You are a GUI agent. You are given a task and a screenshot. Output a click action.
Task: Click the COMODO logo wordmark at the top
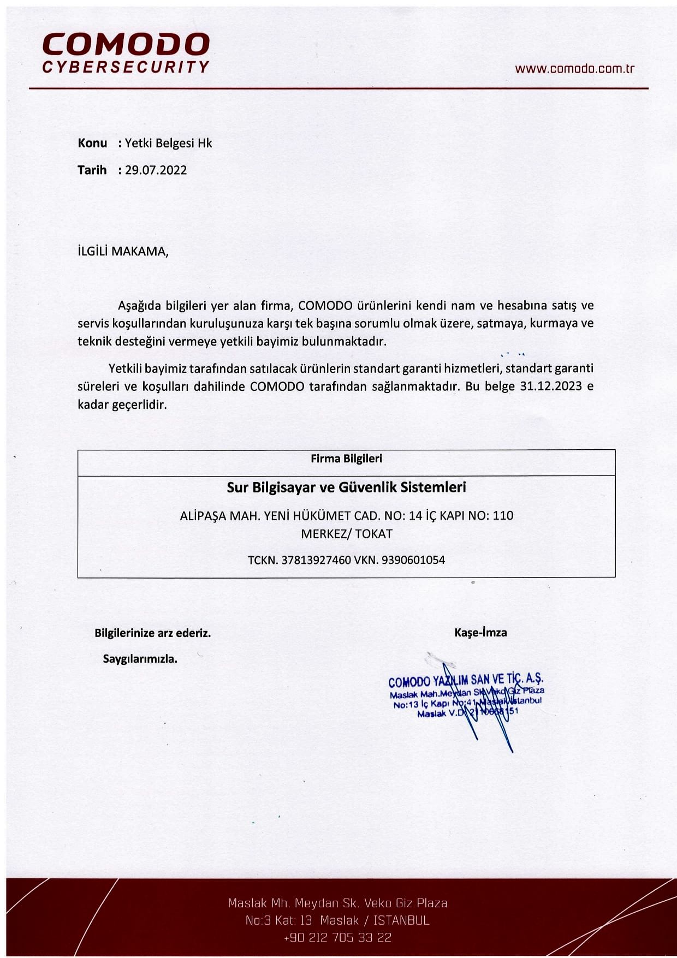coord(126,44)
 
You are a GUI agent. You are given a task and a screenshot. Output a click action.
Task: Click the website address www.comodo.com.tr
coord(574,69)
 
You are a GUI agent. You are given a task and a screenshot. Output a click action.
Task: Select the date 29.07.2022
coord(156,170)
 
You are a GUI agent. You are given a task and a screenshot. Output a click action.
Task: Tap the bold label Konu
coord(92,143)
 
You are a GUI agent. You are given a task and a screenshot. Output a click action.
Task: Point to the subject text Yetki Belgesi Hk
coord(168,143)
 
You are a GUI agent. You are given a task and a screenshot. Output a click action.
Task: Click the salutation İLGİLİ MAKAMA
coord(123,252)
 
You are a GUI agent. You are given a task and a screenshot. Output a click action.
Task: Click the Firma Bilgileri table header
coord(346,459)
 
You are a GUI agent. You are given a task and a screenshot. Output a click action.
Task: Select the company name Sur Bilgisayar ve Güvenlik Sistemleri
coord(346,487)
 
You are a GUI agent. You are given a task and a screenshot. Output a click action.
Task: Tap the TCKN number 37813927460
coord(316,560)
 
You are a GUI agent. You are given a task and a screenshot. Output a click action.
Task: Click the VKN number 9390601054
coord(413,560)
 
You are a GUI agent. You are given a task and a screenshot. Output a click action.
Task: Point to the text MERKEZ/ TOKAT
coord(346,534)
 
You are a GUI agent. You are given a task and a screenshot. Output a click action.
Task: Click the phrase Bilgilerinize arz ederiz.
coord(152,633)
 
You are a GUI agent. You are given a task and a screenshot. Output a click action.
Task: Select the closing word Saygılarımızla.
coord(140,659)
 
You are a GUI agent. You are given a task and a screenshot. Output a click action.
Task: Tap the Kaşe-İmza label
coord(480,633)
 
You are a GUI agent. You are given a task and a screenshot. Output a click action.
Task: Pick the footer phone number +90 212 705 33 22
coord(337,938)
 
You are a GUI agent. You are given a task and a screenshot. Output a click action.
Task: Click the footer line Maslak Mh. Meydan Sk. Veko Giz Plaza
coord(337,903)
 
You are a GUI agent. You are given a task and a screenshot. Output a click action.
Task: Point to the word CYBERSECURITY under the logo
coord(126,67)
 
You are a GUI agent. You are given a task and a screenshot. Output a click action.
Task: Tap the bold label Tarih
coord(92,170)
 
